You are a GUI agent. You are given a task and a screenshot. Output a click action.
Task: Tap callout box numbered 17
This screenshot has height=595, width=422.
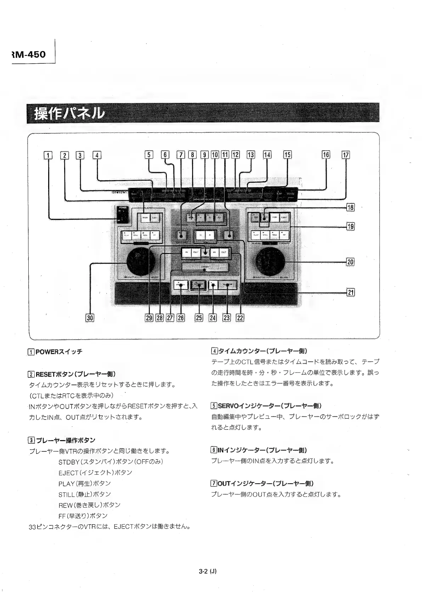345,155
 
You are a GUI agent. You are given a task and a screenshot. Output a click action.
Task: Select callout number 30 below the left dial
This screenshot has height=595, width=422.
90,318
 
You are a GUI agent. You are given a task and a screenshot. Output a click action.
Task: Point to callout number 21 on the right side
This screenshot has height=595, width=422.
350,292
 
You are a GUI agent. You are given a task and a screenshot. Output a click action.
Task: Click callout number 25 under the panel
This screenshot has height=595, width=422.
199,318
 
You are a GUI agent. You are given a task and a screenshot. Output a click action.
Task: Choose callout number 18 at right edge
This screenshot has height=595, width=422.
350,208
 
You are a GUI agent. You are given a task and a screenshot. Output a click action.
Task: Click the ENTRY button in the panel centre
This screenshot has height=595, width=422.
205,267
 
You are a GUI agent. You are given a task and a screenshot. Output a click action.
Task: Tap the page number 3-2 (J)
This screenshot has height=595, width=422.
208,571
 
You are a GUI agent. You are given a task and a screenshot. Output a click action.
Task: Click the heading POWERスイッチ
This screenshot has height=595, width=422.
59,352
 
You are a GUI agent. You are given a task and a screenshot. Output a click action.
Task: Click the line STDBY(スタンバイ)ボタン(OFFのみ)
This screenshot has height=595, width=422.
111,462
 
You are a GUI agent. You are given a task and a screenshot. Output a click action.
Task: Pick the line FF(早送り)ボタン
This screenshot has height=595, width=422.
83,516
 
